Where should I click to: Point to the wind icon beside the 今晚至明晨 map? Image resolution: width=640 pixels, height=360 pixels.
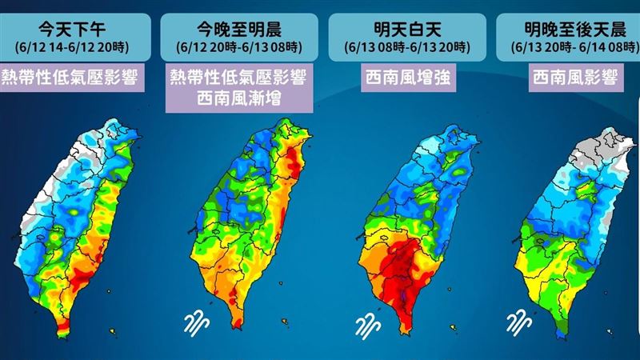194,322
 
